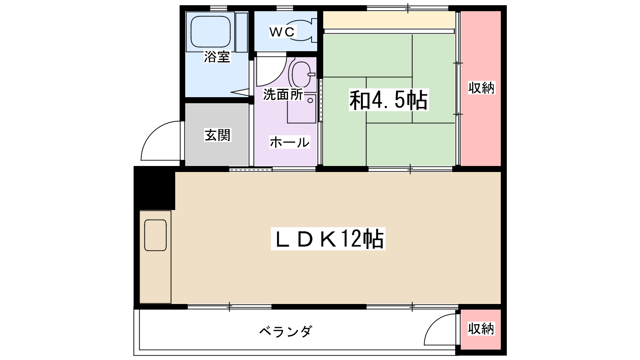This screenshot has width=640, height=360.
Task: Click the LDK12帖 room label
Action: (x=328, y=239)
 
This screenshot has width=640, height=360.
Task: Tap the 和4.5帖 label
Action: (x=388, y=100)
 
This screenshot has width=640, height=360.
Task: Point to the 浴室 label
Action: (x=217, y=57)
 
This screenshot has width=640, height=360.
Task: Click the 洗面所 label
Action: (x=283, y=95)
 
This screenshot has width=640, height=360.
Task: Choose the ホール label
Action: (x=289, y=142)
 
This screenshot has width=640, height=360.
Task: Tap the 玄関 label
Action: (x=218, y=135)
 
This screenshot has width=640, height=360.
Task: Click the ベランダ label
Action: (x=285, y=331)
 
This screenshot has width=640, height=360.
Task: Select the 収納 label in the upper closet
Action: (x=482, y=88)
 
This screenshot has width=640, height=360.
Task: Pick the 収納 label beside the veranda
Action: (x=481, y=329)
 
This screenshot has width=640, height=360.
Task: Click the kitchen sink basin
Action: (x=155, y=235)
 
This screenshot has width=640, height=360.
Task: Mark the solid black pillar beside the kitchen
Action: (x=154, y=188)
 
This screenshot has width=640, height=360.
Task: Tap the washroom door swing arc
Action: (x=270, y=72)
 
